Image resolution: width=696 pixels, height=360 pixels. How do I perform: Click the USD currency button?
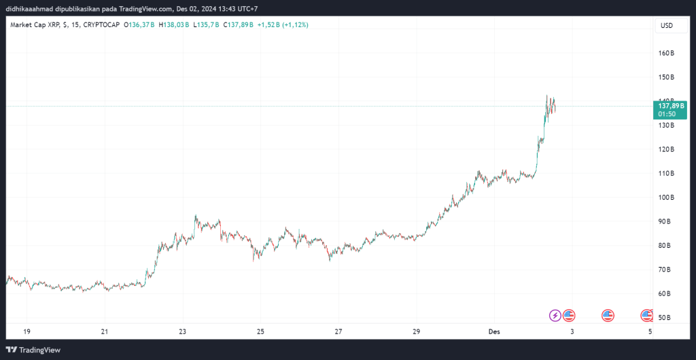666,26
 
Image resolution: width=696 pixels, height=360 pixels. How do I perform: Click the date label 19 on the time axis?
27,331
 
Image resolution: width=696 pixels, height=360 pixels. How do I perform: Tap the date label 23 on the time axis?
182,331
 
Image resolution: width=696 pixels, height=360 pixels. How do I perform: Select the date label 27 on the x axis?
338,331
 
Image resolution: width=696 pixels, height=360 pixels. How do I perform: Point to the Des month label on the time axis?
494,331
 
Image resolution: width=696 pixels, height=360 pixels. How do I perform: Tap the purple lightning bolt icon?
555,315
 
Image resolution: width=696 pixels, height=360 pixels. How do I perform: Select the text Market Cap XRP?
34,25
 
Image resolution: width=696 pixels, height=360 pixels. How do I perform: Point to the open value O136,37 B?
140,25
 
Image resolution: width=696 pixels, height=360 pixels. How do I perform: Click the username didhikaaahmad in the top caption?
33,7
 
